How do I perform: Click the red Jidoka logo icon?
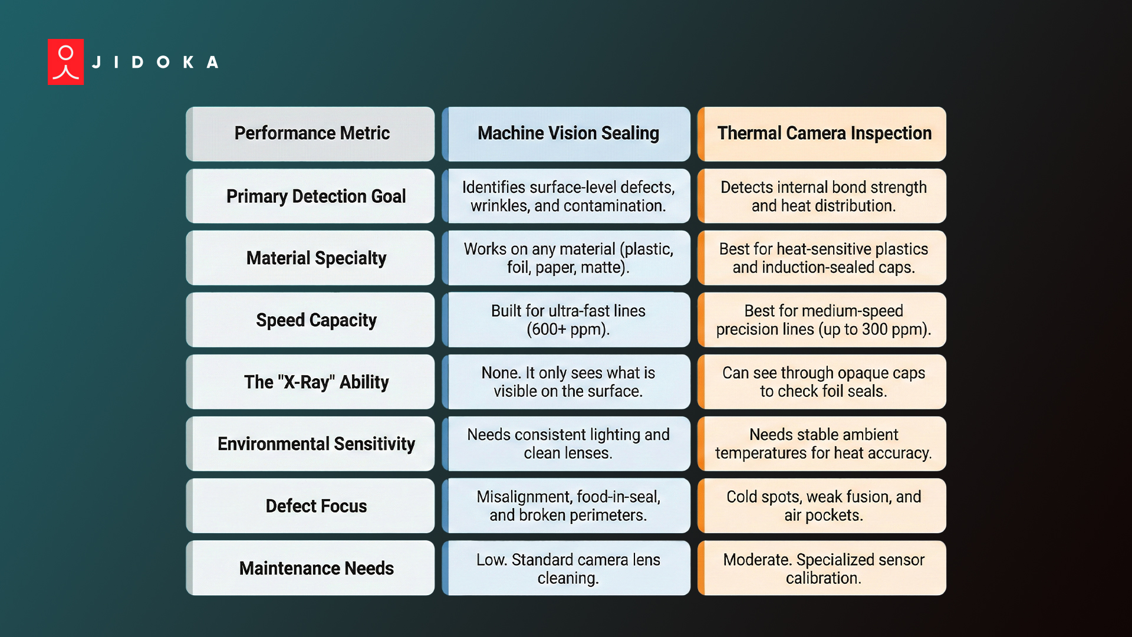[x=65, y=62]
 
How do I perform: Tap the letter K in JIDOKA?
[x=188, y=63]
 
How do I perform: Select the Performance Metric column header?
[x=311, y=133]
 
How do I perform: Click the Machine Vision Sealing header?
[x=568, y=133]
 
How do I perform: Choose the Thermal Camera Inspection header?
[x=824, y=133]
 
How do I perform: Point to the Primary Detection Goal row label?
[x=315, y=196]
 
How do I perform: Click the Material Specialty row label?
[x=315, y=258]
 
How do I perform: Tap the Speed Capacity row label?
[x=315, y=320]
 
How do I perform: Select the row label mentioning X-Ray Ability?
[x=315, y=382]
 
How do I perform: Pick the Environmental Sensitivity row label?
[x=315, y=444]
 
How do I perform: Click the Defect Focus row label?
[x=315, y=506]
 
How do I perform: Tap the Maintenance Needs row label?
[x=315, y=568]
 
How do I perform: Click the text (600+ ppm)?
[x=568, y=330]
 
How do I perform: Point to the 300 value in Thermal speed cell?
[x=874, y=330]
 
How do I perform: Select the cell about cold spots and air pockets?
[x=824, y=506]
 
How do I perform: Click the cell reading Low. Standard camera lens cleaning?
[x=568, y=569]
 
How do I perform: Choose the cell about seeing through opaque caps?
[x=824, y=382]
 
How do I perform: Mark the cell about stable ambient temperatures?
[x=824, y=444]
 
